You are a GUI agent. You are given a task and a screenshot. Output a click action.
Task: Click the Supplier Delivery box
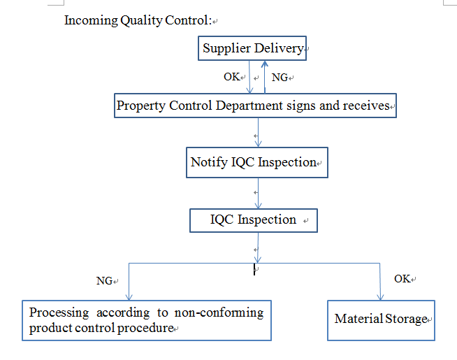tap(252, 48)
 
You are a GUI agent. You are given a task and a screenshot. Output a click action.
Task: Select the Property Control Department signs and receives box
tap(255, 106)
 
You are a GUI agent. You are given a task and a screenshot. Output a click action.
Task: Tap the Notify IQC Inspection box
tap(256, 162)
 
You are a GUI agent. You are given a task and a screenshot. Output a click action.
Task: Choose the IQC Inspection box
tap(254, 220)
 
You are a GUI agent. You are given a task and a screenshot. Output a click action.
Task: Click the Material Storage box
tap(381, 319)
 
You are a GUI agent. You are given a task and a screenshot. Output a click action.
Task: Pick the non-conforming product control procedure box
tap(146, 320)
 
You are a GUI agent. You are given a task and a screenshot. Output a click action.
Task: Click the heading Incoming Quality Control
tap(137, 20)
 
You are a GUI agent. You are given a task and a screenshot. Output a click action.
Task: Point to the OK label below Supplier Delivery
tap(231, 76)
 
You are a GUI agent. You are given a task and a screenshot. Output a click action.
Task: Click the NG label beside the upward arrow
tap(280, 77)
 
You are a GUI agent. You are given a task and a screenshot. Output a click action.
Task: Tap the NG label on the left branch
tap(104, 281)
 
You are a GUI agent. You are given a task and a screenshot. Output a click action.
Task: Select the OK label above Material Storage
tap(402, 278)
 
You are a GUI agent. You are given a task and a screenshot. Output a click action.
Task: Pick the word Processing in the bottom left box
tap(59, 312)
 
